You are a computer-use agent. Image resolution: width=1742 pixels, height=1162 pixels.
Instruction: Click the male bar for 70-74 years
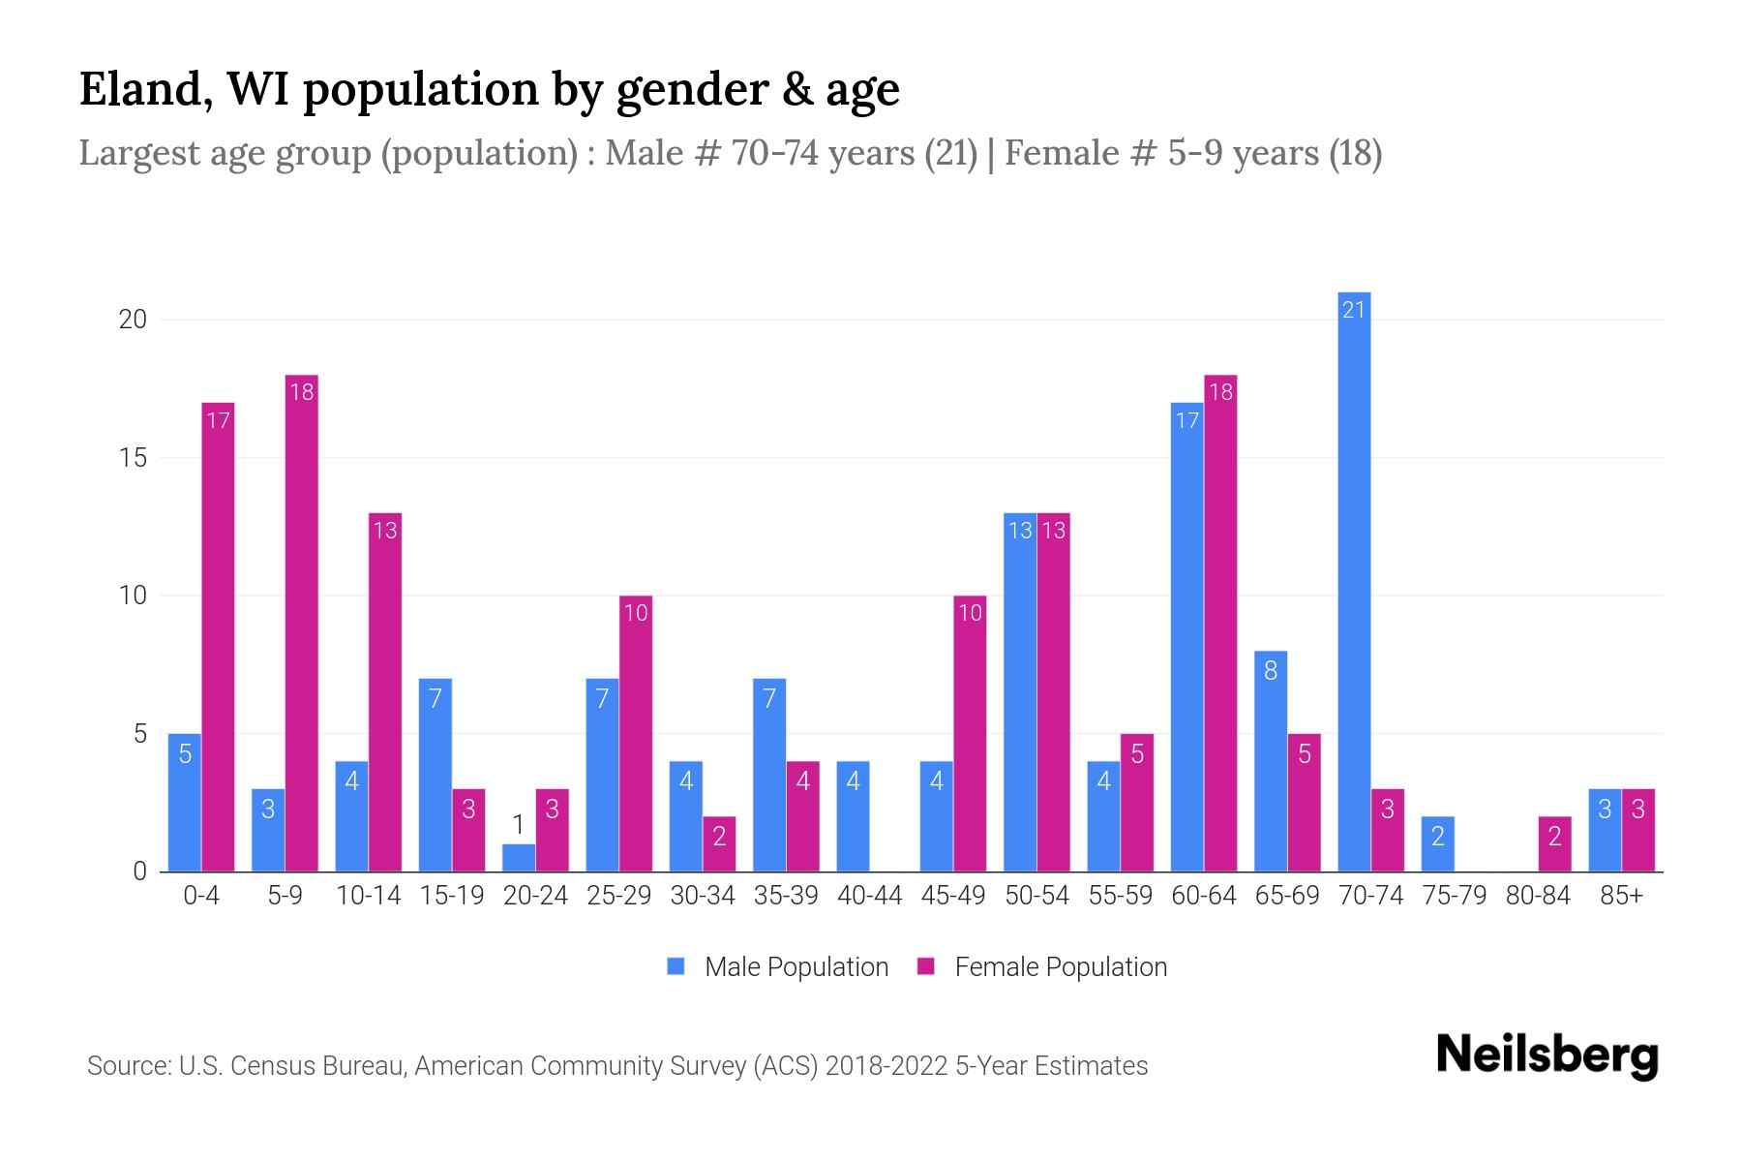(1354, 581)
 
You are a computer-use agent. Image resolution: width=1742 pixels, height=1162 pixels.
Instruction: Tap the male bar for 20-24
(519, 858)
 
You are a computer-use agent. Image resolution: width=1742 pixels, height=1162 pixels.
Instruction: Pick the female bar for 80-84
(1554, 844)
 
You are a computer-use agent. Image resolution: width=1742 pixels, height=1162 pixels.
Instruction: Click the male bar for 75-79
(1437, 844)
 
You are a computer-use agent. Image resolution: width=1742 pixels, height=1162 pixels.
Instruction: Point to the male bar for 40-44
(853, 816)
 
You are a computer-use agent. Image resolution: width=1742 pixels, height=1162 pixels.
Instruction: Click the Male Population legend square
(676, 966)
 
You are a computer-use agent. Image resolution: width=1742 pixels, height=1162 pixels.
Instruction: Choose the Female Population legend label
(1061, 966)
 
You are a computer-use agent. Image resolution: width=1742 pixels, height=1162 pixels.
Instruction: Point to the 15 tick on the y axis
(133, 457)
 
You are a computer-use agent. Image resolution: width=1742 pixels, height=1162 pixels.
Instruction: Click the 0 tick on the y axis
(139, 871)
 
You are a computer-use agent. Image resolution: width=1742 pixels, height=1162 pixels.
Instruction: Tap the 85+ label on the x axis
(1621, 896)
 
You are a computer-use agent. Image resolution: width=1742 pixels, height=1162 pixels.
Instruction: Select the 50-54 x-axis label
(1036, 896)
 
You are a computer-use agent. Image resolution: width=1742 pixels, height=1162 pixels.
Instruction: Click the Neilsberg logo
(1547, 1055)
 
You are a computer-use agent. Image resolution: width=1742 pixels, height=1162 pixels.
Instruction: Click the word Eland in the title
(145, 89)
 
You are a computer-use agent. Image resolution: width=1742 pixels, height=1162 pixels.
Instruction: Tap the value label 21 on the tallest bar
(1354, 310)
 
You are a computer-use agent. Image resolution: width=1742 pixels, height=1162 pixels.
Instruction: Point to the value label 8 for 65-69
(1271, 669)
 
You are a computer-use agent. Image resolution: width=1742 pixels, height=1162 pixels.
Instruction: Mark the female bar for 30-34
(719, 844)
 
